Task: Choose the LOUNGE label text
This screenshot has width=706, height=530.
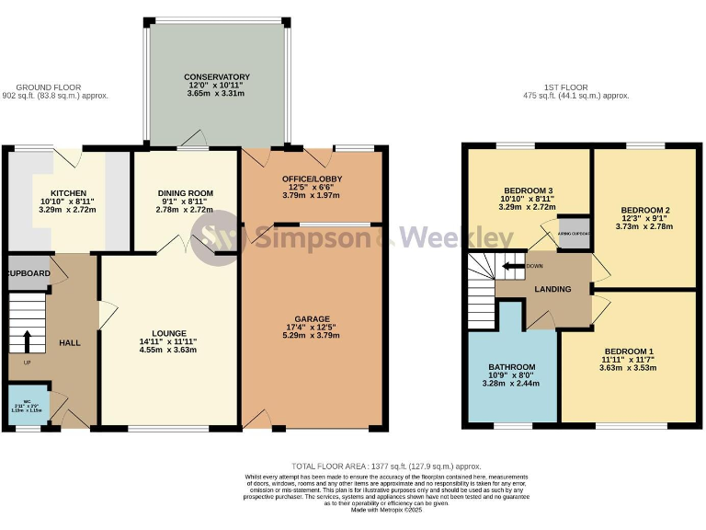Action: pyautogui.click(x=169, y=333)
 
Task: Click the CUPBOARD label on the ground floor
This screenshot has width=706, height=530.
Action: pyautogui.click(x=28, y=274)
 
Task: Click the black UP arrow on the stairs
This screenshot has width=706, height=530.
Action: pyautogui.click(x=28, y=340)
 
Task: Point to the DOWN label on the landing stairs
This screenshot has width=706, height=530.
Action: pyautogui.click(x=534, y=267)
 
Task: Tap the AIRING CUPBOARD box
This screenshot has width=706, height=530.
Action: pyautogui.click(x=575, y=233)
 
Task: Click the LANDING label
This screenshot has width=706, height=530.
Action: pyautogui.click(x=552, y=289)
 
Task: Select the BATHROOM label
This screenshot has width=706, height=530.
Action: pyautogui.click(x=512, y=367)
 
